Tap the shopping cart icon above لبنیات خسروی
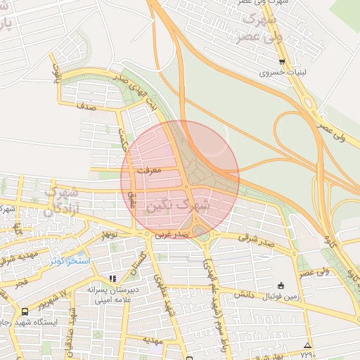pos(281,61)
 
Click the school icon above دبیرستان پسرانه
pos(112,279)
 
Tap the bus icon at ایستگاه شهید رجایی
pos(25,311)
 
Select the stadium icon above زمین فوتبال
pos(281,285)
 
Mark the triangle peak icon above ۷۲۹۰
pos(307,345)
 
